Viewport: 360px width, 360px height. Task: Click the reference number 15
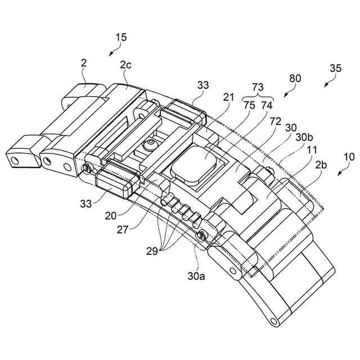tap(120, 38)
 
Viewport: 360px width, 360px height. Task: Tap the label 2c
tap(126, 65)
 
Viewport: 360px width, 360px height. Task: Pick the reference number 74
tap(267, 105)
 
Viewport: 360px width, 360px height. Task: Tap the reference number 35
tap(335, 69)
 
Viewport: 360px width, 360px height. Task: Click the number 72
tap(276, 121)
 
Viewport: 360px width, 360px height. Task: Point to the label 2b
tap(322, 165)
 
